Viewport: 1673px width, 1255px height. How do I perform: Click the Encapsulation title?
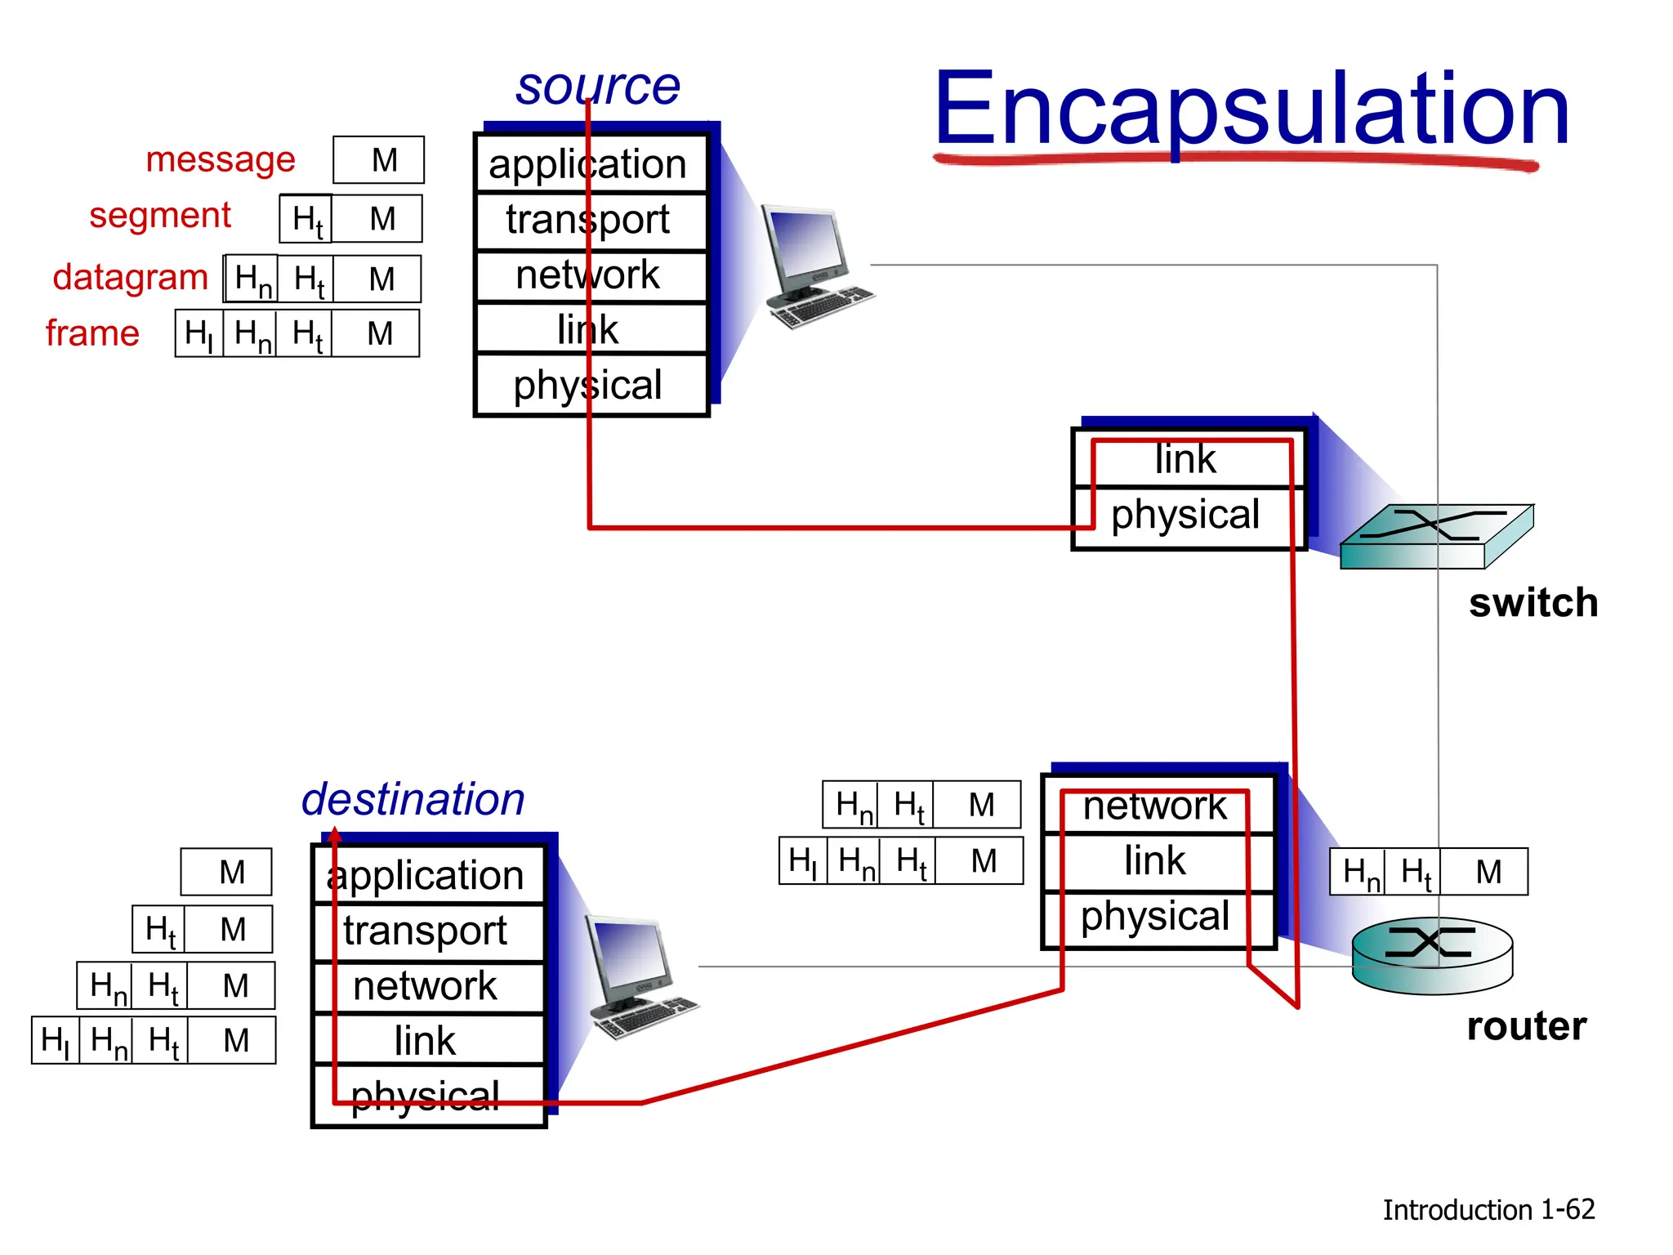coord(1251,110)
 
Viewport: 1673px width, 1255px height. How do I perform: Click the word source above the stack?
coord(597,87)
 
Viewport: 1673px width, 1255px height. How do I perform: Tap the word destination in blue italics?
coord(413,799)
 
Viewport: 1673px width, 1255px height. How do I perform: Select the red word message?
coord(220,159)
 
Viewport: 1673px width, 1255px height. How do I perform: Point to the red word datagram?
coord(131,277)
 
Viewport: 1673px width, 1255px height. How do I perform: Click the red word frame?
coord(92,333)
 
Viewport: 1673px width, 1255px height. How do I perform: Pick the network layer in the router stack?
coord(1155,806)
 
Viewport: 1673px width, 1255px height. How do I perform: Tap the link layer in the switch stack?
coord(1186,459)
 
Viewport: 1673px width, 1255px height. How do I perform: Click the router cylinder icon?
coord(1432,955)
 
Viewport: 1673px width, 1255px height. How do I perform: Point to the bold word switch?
coord(1533,603)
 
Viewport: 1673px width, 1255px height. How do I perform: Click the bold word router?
coord(1526,1026)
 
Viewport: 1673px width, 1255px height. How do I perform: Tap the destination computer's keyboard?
coord(645,1017)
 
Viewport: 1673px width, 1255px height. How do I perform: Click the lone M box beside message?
coord(379,160)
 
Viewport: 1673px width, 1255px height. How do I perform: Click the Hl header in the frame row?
coord(199,333)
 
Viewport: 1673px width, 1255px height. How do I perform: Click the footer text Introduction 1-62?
coord(1488,1210)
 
